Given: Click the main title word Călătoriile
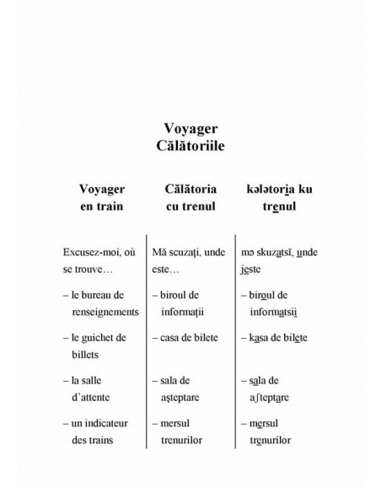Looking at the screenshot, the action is coord(190,147).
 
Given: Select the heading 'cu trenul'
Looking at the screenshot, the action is coord(190,206).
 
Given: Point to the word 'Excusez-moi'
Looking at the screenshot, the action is coord(91,252).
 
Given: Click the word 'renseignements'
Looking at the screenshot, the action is coord(105,311).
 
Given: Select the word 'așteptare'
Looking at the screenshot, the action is coord(185,396).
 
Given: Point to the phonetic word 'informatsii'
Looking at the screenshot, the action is coord(275,311).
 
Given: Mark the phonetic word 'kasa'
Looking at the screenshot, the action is coord(258,337).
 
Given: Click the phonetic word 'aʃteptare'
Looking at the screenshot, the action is coord(272,396).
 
